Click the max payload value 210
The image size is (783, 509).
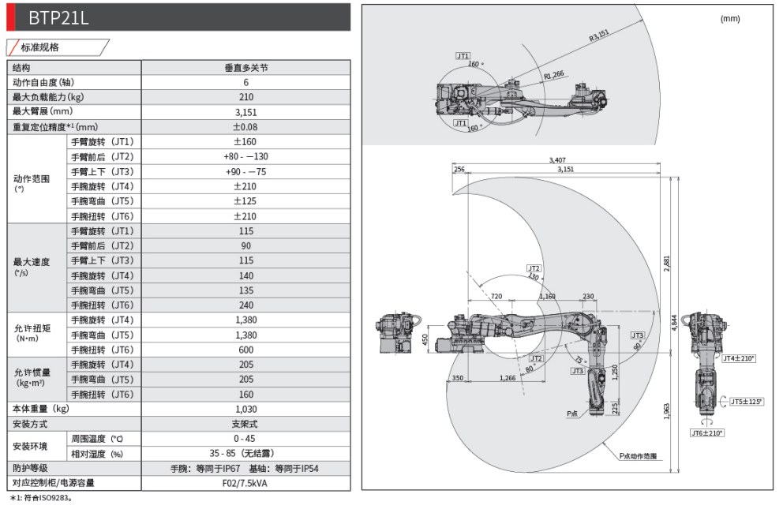pyautogui.click(x=245, y=97)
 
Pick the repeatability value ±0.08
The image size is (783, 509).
pyautogui.click(x=245, y=127)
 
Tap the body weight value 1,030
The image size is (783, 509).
pyautogui.click(x=245, y=409)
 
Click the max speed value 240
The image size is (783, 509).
pyautogui.click(x=245, y=305)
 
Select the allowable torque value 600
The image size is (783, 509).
pyautogui.click(x=245, y=350)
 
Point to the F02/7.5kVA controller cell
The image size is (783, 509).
pyautogui.click(x=245, y=483)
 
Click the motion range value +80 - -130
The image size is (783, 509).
pyautogui.click(x=245, y=157)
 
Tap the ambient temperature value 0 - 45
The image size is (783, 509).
pyautogui.click(x=245, y=439)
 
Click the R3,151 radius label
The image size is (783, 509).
pyautogui.click(x=600, y=35)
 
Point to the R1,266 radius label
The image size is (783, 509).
pyautogui.click(x=553, y=75)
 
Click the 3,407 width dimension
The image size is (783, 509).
pyautogui.click(x=556, y=160)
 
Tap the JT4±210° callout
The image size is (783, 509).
pyautogui.click(x=739, y=358)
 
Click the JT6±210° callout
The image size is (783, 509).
pyautogui.click(x=707, y=432)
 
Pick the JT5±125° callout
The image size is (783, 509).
pyautogui.click(x=747, y=401)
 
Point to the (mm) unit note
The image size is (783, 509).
pyautogui.click(x=730, y=18)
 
